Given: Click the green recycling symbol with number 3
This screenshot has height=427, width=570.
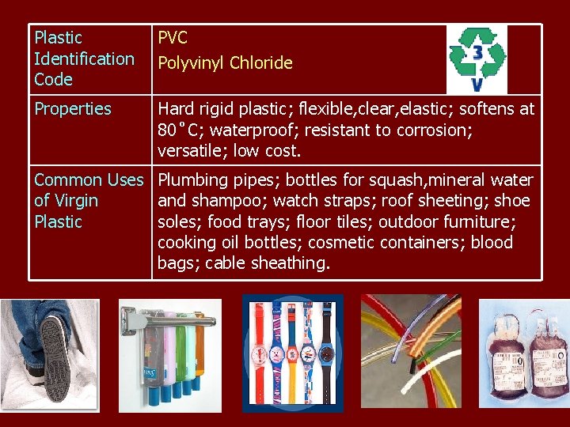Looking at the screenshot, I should pos(477,59).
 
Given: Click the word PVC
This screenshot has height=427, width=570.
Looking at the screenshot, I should pos(173,37).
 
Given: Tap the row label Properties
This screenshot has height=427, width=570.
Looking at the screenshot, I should pos(73,109).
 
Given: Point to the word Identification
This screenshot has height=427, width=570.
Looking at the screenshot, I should pos(84,59).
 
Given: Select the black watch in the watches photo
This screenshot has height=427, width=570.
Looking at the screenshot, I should pos(325,348).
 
